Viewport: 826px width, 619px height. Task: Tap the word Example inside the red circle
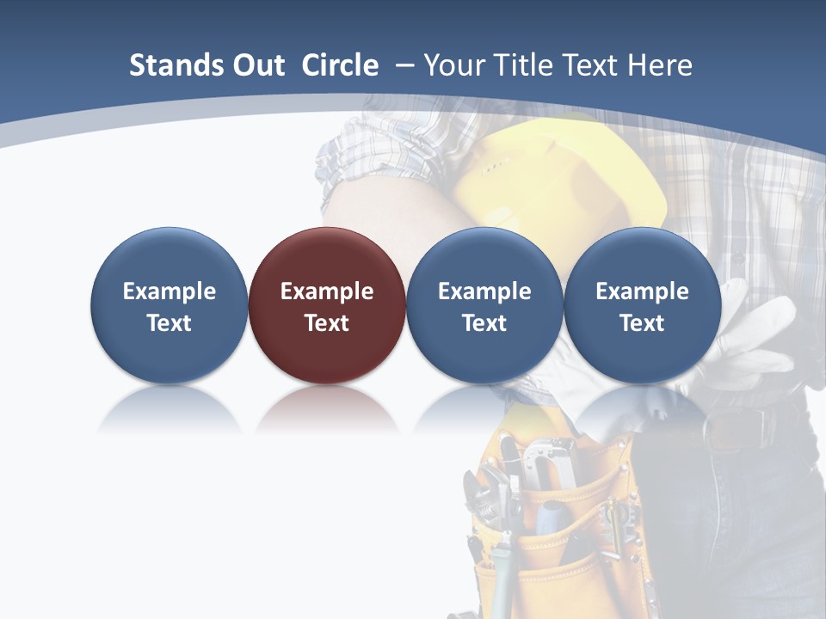coord(327,291)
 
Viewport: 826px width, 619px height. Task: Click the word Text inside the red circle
coord(327,323)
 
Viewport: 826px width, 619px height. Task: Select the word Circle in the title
coord(340,65)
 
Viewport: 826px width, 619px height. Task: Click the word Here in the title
coord(660,65)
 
